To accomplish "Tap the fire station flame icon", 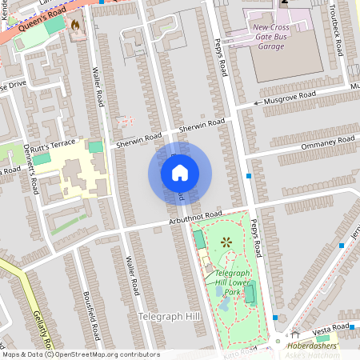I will [77, 25].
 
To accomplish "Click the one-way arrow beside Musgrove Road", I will [258, 103].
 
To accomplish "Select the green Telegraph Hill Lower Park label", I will [234, 282].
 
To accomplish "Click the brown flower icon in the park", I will [226, 241].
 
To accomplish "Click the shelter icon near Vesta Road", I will [295, 334].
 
